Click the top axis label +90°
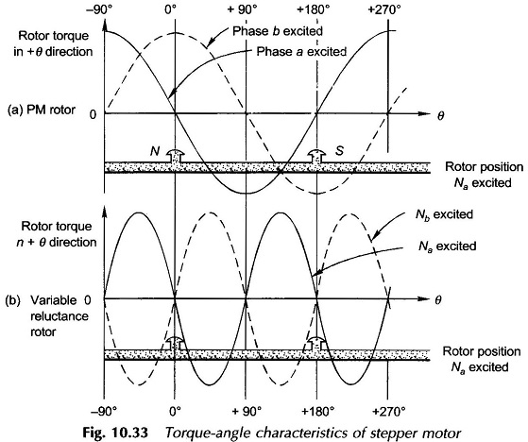[242, 9]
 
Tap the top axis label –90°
[103, 9]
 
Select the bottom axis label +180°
[318, 411]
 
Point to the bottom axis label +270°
[388, 411]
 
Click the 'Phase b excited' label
[278, 31]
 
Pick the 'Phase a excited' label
[301, 52]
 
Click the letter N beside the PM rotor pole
[155, 151]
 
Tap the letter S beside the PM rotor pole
[339, 151]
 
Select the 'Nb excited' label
[444, 214]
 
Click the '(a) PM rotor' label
[41, 110]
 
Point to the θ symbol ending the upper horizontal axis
[440, 116]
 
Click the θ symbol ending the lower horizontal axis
[437, 300]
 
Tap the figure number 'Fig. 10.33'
[115, 433]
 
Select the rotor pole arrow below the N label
[175, 157]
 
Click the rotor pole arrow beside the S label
[316, 157]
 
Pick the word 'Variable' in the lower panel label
[54, 300]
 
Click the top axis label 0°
[173, 9]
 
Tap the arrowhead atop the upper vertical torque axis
[105, 25]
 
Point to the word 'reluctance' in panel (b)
[60, 316]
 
